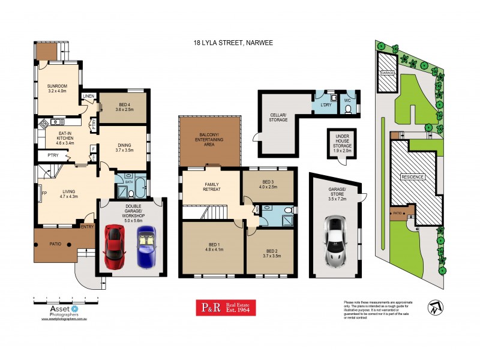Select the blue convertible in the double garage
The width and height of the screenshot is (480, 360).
146,247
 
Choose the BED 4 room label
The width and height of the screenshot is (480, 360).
123,106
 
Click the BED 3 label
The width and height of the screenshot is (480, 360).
268,184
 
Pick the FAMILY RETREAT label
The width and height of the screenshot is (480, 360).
211,186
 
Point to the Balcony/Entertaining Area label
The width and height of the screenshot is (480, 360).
208,140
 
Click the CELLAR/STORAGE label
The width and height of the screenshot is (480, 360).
278,117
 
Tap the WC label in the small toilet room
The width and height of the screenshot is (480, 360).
347,101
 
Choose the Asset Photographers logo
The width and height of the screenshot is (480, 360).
59,309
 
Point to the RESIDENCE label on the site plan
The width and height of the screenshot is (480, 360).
413,177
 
